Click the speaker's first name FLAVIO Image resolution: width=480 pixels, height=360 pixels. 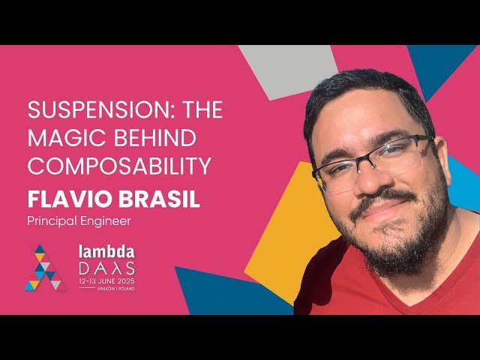(63, 198)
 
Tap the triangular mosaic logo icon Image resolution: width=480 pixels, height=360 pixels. (45, 268)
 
